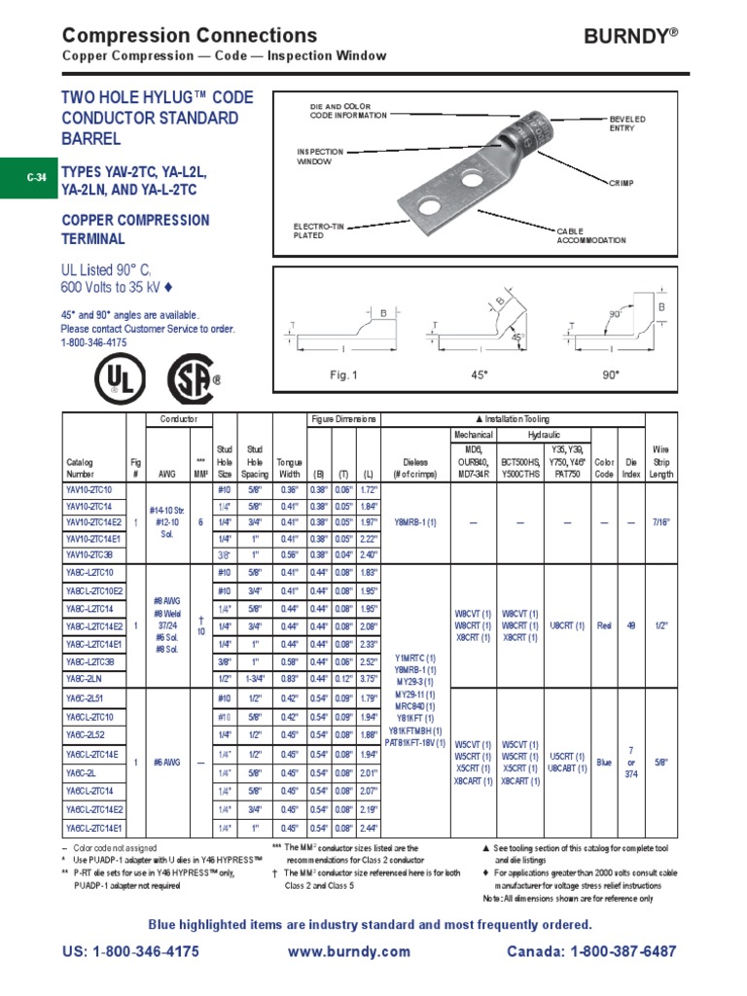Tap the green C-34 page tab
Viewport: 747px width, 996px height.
(36, 177)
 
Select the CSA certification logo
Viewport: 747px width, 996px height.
(193, 377)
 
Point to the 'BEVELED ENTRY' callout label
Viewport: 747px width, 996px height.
(627, 123)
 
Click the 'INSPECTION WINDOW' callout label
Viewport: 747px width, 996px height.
(320, 157)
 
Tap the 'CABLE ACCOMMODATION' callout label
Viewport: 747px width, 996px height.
(590, 235)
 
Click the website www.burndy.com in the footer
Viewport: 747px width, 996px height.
(349, 951)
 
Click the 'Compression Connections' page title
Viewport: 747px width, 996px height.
(190, 36)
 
